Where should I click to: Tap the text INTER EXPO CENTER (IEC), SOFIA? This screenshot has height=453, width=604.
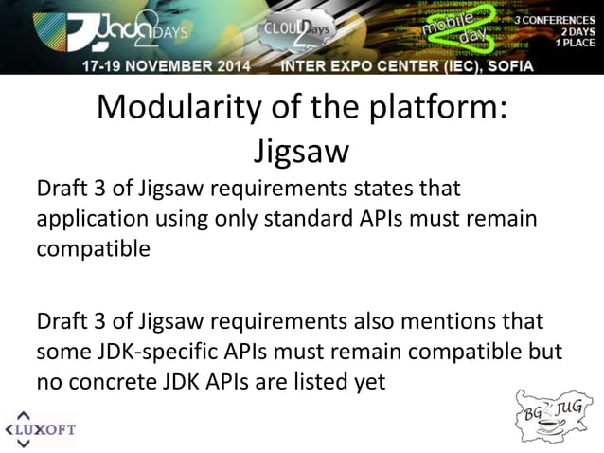(x=407, y=66)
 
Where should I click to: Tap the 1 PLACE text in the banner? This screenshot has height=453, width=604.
(x=574, y=43)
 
